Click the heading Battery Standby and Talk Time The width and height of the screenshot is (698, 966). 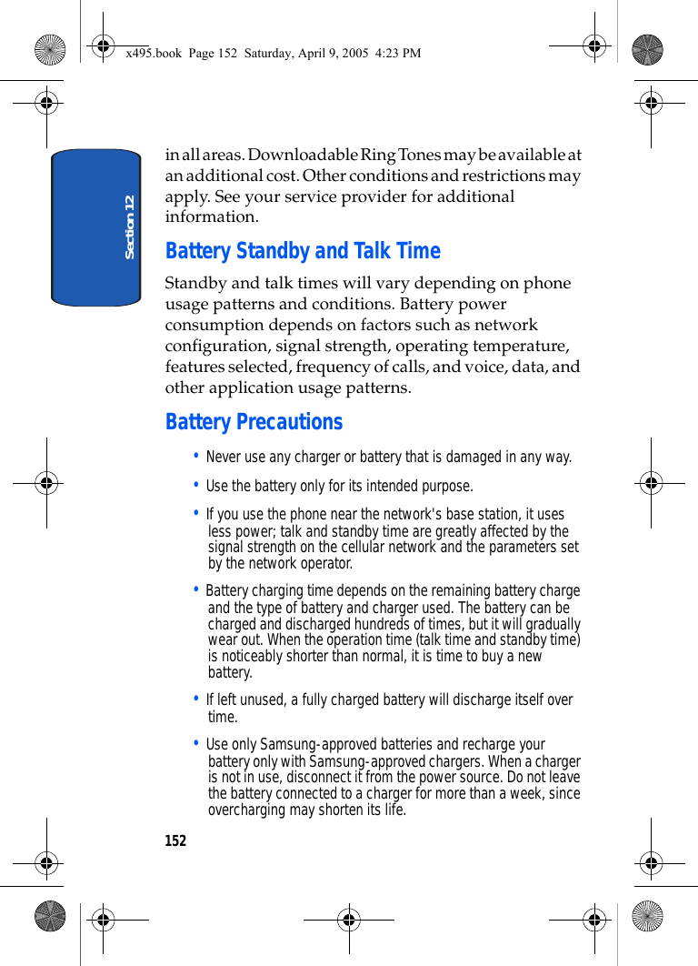click(x=303, y=251)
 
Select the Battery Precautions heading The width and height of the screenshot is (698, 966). click(x=254, y=422)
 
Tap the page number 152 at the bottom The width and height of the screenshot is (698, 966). click(x=175, y=841)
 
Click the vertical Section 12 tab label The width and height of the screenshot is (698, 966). click(x=129, y=226)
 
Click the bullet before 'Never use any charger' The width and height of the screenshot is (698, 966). click(x=197, y=456)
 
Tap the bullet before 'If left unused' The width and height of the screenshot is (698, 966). click(x=197, y=699)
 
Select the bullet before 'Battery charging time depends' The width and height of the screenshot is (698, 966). click(x=197, y=589)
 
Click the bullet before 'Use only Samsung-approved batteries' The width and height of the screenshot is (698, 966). click(x=197, y=743)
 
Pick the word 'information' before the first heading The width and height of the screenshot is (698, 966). click(x=210, y=217)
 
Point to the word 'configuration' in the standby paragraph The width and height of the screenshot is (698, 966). click(x=214, y=347)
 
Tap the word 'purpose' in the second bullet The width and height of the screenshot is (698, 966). click(x=446, y=487)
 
